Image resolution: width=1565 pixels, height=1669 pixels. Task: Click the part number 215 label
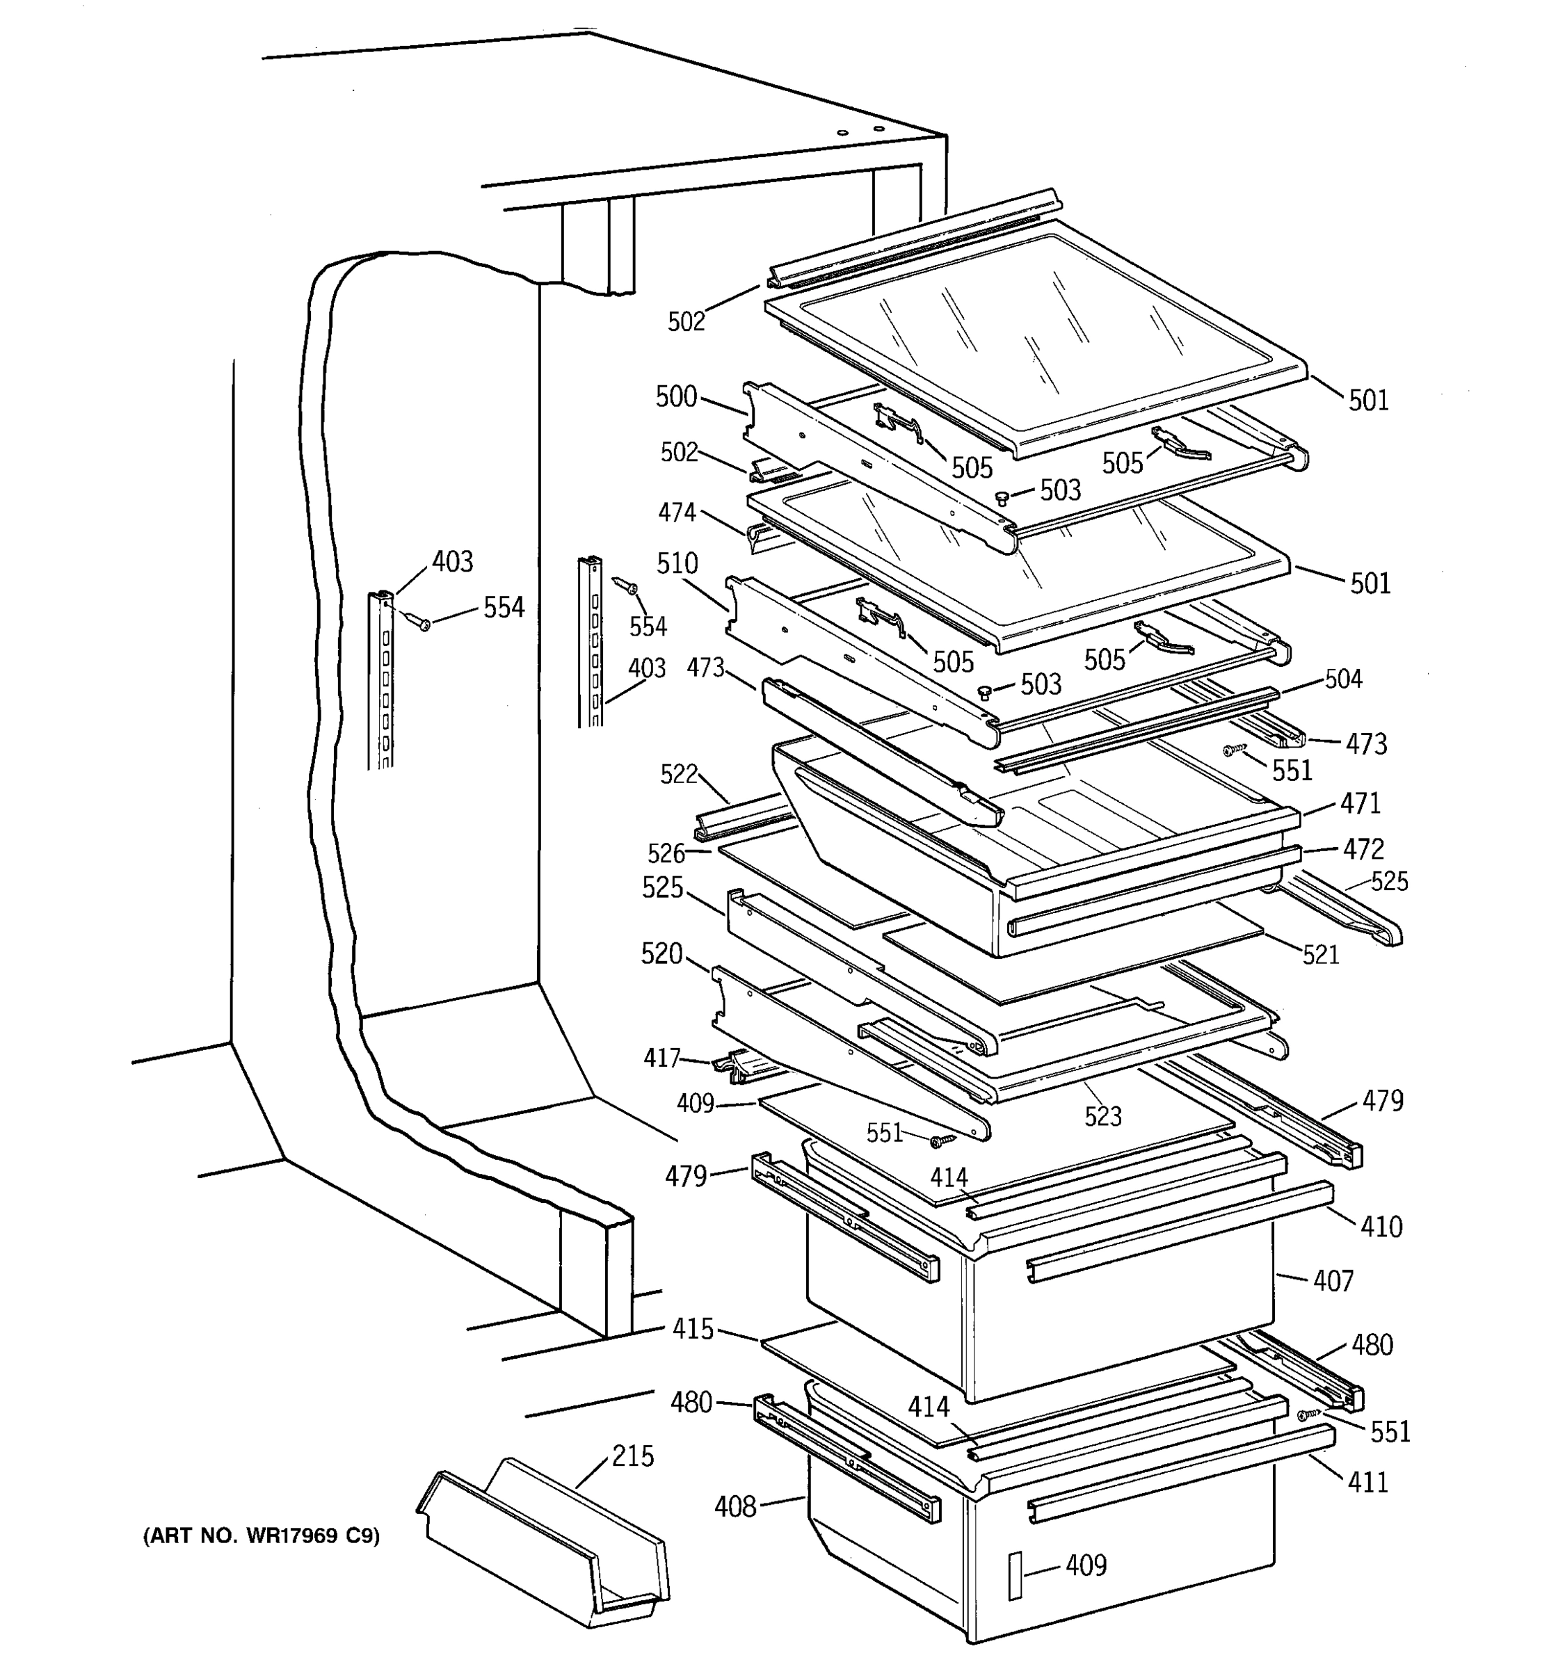tap(632, 1455)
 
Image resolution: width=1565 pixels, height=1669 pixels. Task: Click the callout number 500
tap(676, 396)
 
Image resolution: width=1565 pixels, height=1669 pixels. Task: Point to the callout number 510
tap(677, 563)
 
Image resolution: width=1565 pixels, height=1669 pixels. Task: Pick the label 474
tap(677, 511)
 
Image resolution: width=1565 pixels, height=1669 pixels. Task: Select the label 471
tap(1360, 803)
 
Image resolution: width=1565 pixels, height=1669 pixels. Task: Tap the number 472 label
tap(1363, 849)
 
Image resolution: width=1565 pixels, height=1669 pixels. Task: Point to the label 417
tap(661, 1058)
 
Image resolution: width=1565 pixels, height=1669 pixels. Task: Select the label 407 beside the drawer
tap(1333, 1281)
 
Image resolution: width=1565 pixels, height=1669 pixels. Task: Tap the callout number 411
tap(1367, 1482)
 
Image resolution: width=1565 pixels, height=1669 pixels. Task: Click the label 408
tap(735, 1507)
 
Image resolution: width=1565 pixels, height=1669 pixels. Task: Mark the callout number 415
tap(693, 1329)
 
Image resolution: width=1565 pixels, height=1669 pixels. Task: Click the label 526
tap(666, 853)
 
